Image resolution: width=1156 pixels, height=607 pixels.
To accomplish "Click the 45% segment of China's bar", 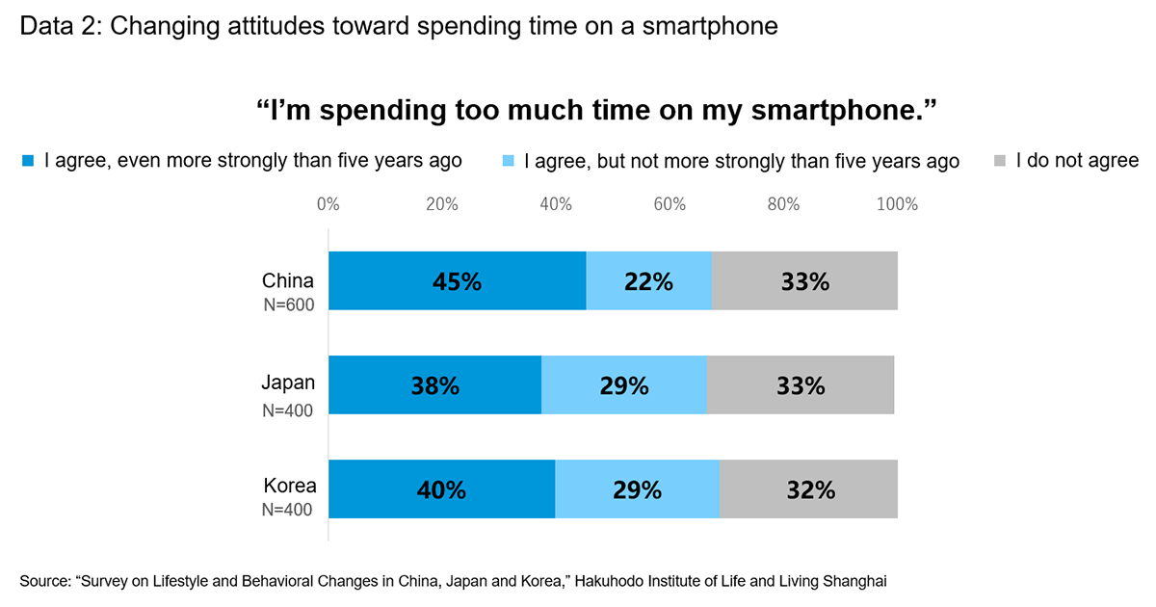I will tap(458, 281).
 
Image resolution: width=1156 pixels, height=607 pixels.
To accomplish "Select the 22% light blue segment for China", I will tap(648, 281).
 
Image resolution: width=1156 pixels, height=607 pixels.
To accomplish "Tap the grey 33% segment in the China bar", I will tap(804, 281).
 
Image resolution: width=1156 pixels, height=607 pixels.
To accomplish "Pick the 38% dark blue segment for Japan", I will tap(435, 385).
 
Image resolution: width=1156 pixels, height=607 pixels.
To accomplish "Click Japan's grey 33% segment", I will tap(801, 385).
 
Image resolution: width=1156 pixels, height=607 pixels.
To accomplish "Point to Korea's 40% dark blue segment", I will tap(442, 489).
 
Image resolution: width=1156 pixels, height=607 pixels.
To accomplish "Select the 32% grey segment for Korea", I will tap(808, 489).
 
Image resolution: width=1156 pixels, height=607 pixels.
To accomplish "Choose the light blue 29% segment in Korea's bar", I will tap(637, 489).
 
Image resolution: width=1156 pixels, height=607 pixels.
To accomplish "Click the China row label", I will tap(288, 281).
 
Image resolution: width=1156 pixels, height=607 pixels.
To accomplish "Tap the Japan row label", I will tap(288, 383).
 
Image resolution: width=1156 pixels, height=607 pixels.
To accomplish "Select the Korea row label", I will tap(289, 486).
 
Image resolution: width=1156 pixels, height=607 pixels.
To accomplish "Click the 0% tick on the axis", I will tap(328, 204).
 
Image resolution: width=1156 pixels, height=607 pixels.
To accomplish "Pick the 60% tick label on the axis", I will tap(670, 204).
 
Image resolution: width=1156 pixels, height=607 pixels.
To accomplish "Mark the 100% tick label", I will tap(896, 204).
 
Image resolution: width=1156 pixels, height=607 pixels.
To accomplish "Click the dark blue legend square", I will tap(28, 160).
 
